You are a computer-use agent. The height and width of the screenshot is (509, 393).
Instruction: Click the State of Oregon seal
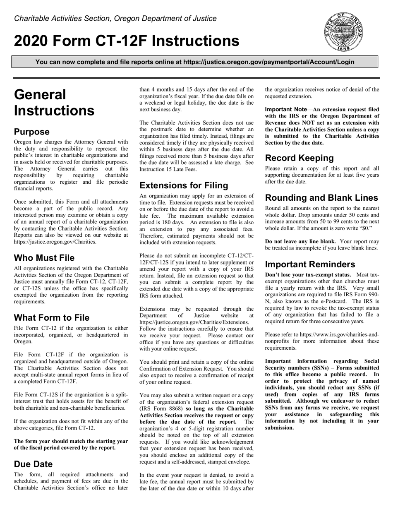pos(344,32)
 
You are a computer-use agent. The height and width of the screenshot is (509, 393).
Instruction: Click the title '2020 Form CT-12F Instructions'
pos(127,41)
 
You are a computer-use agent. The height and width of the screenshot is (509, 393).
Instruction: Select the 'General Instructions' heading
pos(54,103)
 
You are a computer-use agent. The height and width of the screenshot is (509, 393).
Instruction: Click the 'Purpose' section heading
pos(32,132)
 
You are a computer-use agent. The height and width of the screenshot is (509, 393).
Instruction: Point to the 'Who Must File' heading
pos(44,258)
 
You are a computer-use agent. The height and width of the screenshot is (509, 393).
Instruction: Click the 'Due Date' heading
pos(34,464)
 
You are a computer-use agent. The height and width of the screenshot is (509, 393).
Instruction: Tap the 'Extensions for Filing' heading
pos(184,185)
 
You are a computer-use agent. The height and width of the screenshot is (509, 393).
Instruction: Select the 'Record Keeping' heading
pos(299,158)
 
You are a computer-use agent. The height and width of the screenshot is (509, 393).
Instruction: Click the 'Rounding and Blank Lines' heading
pos(321,198)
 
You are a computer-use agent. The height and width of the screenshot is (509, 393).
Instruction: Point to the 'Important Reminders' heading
pos(310,264)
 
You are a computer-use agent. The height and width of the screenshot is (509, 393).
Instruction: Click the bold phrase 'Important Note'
pos(286,109)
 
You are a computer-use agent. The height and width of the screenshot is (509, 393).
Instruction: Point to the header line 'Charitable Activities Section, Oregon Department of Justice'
pos(115,19)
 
